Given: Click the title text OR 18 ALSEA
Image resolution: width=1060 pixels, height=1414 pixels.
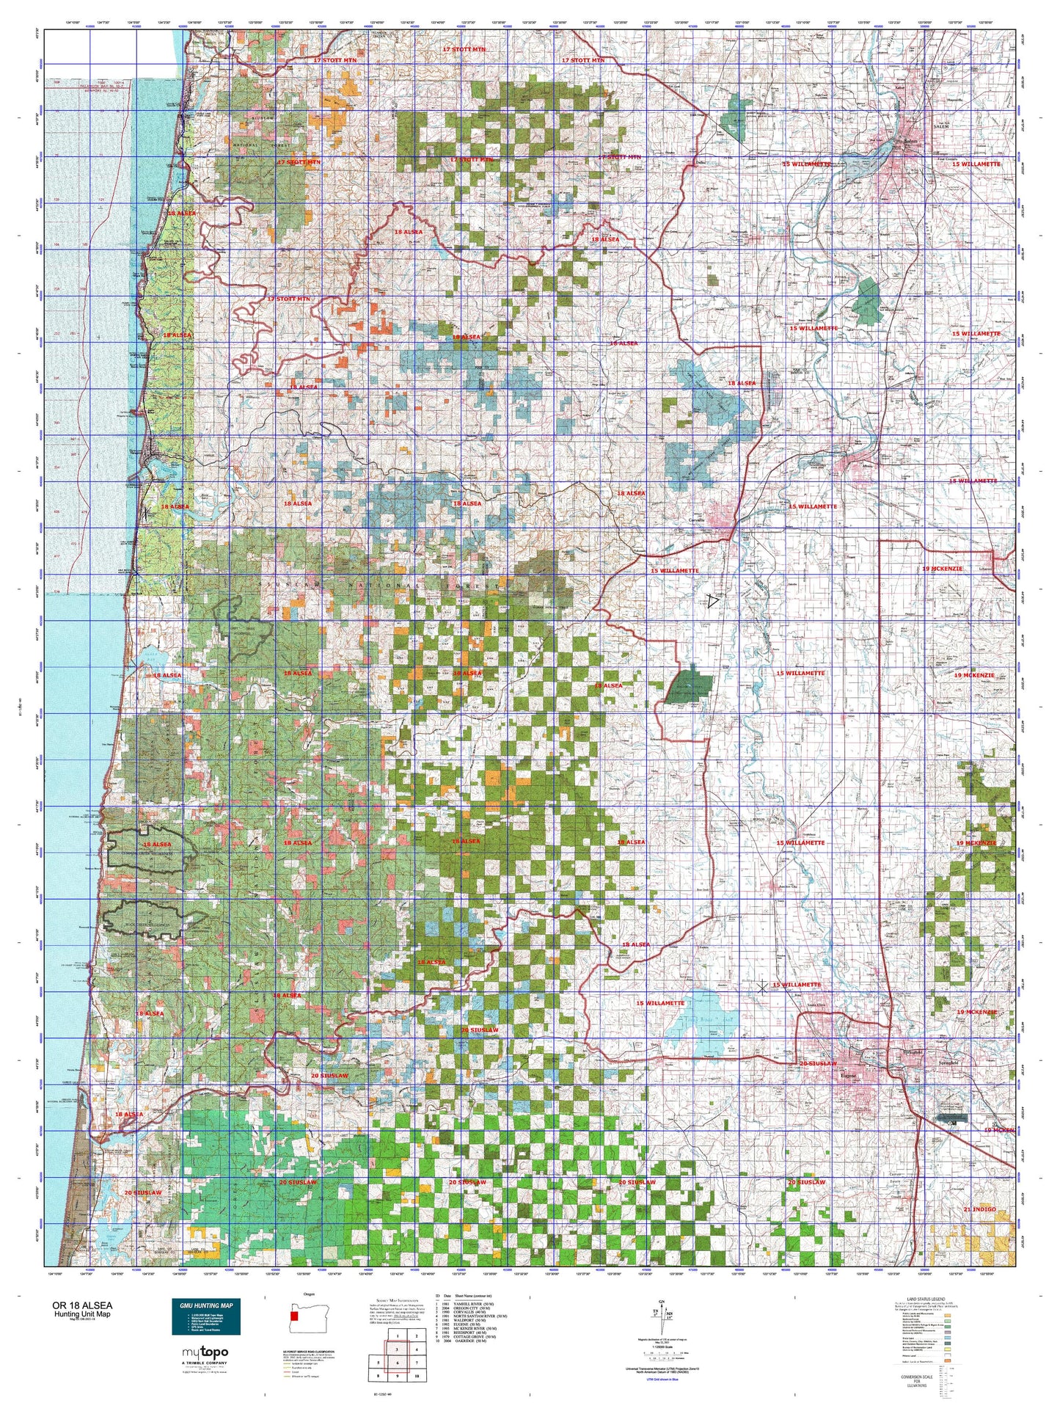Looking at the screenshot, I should [x=82, y=1305].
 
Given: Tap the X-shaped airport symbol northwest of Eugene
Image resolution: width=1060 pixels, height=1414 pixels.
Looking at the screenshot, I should [x=762, y=988].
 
